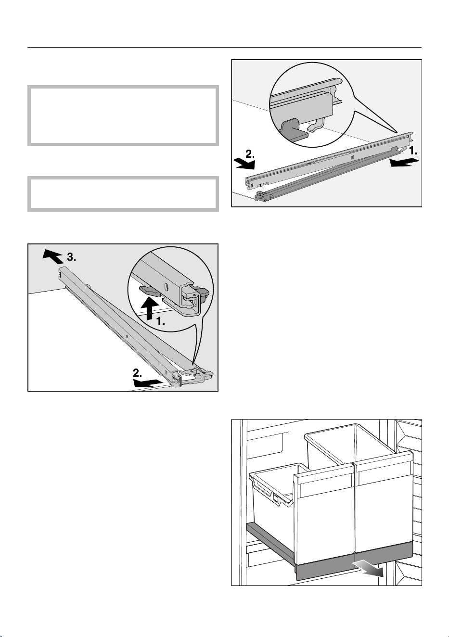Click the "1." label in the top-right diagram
click(413, 151)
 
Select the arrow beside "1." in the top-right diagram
click(404, 163)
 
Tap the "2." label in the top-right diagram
click(250, 154)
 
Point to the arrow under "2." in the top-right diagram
click(244, 165)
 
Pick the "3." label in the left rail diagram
click(71, 257)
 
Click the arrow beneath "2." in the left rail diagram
click(148, 383)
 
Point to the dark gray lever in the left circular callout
click(149, 290)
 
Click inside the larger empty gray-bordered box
click(123, 115)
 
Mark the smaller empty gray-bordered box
click(123, 194)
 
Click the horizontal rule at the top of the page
click(224, 48)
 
